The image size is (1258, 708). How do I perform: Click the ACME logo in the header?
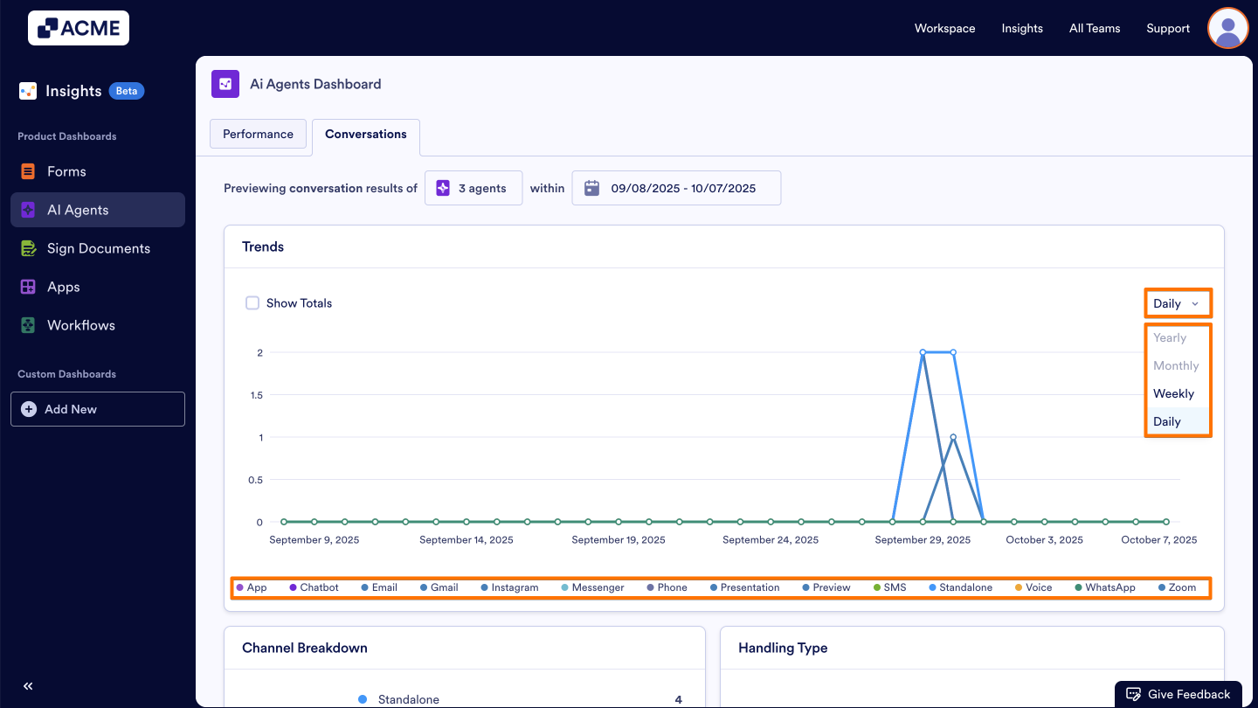(x=79, y=28)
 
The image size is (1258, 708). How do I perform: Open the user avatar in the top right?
(x=1227, y=28)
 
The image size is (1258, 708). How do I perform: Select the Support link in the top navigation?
(x=1168, y=28)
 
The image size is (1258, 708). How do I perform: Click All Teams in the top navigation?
(x=1094, y=28)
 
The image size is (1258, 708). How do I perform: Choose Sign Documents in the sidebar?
(x=98, y=248)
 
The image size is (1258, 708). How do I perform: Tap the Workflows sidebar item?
(x=80, y=325)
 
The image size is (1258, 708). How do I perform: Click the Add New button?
(x=98, y=409)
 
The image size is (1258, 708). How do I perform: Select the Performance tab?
(x=258, y=134)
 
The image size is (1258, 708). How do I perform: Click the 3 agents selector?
(x=473, y=188)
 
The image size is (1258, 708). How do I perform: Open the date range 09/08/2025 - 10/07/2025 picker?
(x=676, y=188)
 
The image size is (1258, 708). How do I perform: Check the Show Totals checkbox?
(x=252, y=303)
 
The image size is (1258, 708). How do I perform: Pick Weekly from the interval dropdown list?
(x=1173, y=393)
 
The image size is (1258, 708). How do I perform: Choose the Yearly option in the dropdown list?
(x=1170, y=337)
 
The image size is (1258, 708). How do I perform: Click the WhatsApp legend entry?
(x=1109, y=587)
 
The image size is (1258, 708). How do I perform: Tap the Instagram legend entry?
(x=514, y=587)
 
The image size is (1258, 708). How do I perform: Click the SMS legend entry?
(x=894, y=587)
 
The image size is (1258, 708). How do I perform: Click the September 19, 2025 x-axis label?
(x=619, y=539)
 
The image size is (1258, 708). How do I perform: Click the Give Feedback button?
(x=1179, y=694)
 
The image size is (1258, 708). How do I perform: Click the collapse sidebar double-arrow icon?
(x=28, y=686)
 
